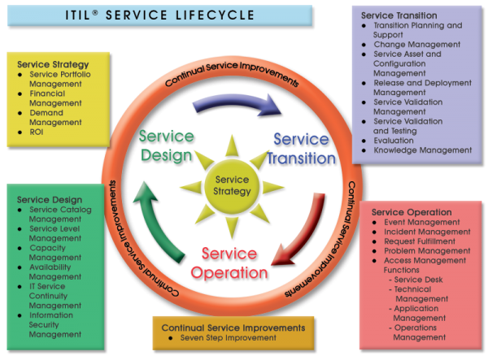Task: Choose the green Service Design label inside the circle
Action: pyautogui.click(x=166, y=145)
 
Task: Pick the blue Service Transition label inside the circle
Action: pyautogui.click(x=300, y=148)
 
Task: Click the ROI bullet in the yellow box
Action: pyautogui.click(x=37, y=132)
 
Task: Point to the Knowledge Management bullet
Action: pyautogui.click(x=422, y=150)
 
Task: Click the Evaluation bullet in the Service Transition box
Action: pyautogui.click(x=394, y=141)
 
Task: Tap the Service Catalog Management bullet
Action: pyautogui.click(x=60, y=215)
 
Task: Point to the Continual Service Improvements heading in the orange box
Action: pyautogui.click(x=233, y=327)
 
